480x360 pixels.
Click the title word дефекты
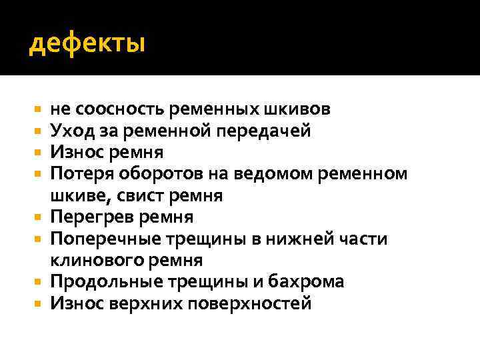click(87, 44)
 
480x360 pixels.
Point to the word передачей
click(269, 131)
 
